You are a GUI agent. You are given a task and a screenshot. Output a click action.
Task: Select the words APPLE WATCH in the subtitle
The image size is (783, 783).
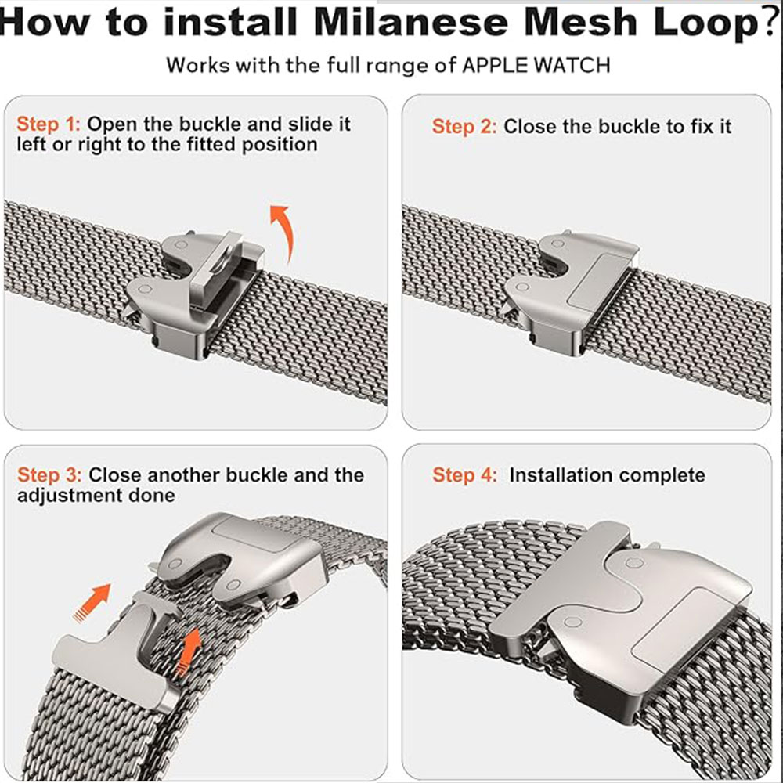[x=536, y=66]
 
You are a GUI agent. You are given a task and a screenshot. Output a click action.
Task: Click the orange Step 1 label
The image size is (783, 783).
[x=49, y=124]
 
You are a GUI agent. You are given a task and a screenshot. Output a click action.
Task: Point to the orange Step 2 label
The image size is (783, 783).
[x=464, y=127]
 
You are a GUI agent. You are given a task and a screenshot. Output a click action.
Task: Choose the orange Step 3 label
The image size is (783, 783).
[x=49, y=475]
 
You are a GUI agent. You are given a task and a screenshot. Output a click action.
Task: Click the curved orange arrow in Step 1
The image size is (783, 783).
[x=285, y=229]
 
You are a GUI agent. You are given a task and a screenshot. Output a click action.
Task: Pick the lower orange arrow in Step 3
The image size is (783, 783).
[x=189, y=651]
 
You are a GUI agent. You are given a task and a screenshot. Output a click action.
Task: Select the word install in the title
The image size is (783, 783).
[x=231, y=23]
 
